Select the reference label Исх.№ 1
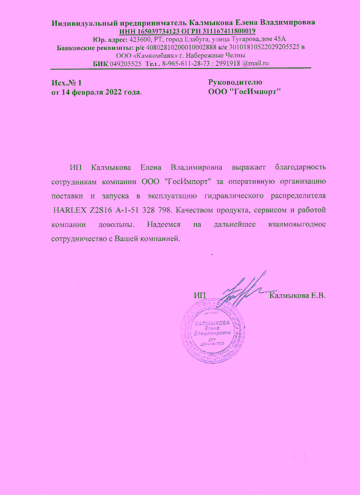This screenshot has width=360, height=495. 66,83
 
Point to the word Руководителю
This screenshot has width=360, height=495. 235,82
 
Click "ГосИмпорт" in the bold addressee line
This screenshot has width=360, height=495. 254,92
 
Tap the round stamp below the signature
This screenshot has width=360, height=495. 212,332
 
